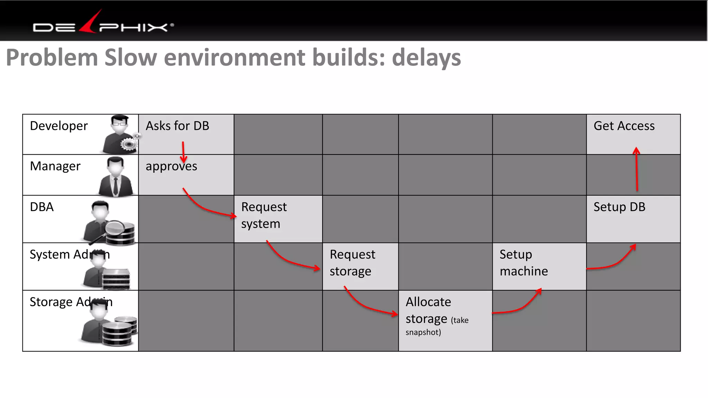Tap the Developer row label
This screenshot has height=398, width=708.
[59, 126]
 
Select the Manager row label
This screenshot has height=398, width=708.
[55, 167]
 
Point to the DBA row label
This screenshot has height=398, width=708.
[42, 207]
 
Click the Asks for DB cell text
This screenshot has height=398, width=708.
[177, 126]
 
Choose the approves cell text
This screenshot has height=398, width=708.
[171, 167]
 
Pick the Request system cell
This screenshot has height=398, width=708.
[264, 215]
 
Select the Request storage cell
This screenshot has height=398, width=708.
[352, 263]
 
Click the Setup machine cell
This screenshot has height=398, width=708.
[523, 263]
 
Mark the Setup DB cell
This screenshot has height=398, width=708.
[619, 207]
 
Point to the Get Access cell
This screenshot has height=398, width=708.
[624, 126]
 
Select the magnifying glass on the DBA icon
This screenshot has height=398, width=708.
[114, 228]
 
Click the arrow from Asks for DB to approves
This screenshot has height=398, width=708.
[183, 152]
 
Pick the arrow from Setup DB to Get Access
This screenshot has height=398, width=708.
[636, 169]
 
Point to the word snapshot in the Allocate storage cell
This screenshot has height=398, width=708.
[423, 332]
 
